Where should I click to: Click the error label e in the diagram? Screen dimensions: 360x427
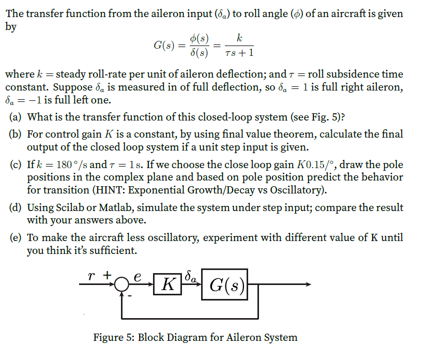[x=138, y=277]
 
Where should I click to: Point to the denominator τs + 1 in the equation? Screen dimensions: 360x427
[x=239, y=53]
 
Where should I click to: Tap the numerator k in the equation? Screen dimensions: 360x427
[x=238, y=37]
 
